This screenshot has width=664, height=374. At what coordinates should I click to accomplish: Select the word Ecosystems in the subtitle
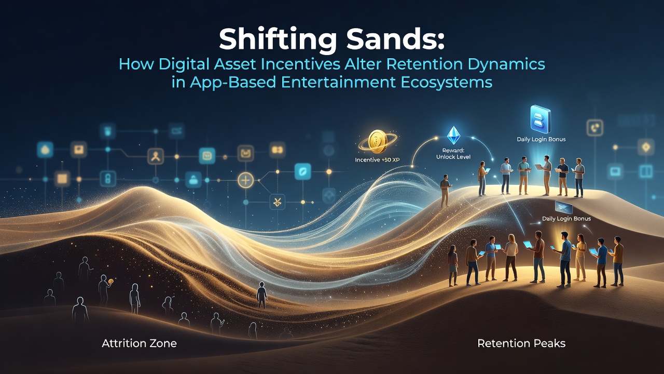click(446, 82)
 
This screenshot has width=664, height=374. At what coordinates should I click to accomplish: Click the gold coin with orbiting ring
click(377, 142)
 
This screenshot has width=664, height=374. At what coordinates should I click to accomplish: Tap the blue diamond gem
click(453, 136)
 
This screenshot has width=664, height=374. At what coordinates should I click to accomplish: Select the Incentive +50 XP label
click(377, 159)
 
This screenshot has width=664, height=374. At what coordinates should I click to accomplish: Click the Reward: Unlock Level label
click(453, 154)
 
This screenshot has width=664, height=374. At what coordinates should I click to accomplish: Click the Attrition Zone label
click(139, 343)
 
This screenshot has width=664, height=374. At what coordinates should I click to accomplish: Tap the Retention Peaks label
click(521, 343)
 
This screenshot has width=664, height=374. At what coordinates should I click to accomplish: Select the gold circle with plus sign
click(246, 180)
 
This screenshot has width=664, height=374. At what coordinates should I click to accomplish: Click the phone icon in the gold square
click(594, 128)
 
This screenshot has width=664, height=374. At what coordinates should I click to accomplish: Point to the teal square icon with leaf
click(302, 171)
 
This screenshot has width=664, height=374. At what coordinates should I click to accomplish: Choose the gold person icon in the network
click(156, 156)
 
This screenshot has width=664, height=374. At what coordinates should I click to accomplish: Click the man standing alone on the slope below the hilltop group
click(445, 190)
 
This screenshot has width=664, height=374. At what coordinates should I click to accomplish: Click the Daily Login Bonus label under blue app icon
click(541, 139)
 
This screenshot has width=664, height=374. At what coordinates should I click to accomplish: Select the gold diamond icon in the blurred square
click(646, 147)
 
